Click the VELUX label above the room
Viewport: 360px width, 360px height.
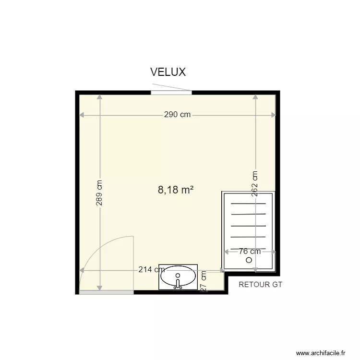click(168, 72)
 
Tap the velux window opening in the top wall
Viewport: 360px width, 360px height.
click(171, 92)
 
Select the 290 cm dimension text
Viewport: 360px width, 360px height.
click(177, 115)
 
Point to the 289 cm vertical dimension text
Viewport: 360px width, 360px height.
click(99, 193)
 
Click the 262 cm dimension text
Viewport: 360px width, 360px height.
click(255, 183)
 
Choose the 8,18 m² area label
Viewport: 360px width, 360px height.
click(176, 190)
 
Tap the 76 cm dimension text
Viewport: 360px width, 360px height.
click(250, 251)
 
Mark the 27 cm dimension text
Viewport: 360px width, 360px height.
click(204, 282)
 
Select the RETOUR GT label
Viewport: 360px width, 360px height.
click(261, 285)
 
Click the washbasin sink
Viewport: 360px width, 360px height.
click(178, 277)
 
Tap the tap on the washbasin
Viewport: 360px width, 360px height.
click(178, 284)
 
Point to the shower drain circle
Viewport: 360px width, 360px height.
click(249, 260)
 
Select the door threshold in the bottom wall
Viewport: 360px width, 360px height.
click(106, 292)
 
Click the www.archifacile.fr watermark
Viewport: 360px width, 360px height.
click(321, 352)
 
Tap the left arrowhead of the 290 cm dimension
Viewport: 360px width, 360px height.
click(82, 115)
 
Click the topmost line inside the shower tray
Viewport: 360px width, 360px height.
click(248, 204)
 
